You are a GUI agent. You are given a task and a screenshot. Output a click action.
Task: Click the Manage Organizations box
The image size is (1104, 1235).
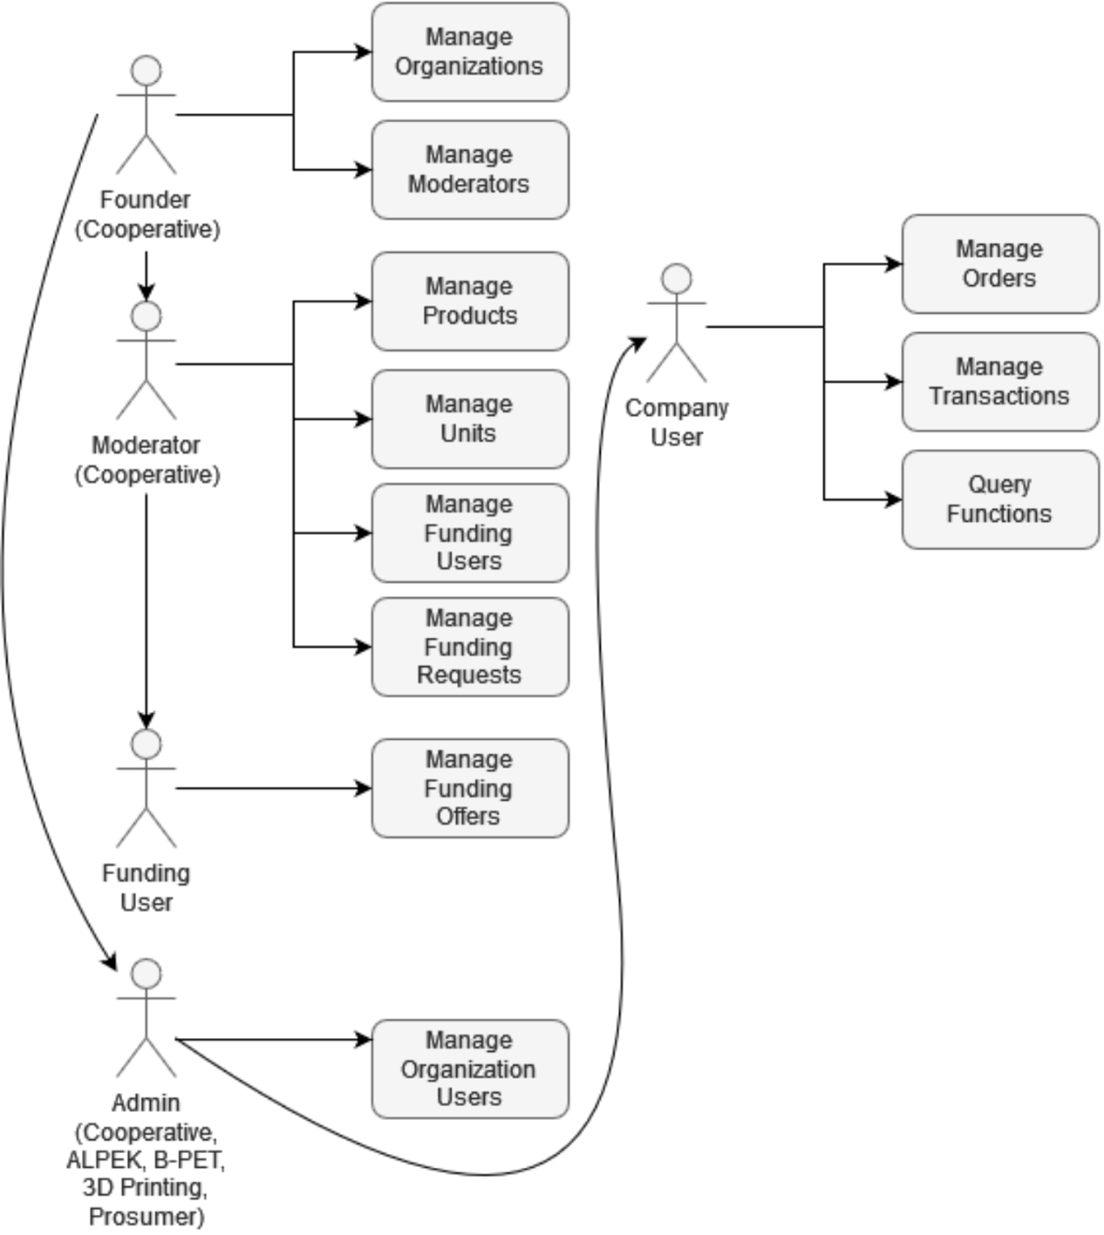pyautogui.click(x=469, y=52)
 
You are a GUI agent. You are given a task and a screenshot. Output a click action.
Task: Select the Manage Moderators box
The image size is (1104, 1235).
pyautogui.click(x=469, y=170)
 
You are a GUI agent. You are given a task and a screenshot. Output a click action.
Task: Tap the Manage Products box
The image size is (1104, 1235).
pyautogui.click(x=469, y=302)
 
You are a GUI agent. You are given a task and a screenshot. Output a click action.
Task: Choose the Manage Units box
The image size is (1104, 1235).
pyautogui.click(x=469, y=420)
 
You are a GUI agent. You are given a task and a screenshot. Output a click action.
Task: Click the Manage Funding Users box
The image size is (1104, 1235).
pyautogui.click(x=469, y=534)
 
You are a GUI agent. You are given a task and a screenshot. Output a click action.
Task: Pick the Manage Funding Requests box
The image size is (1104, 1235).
pyautogui.click(x=469, y=647)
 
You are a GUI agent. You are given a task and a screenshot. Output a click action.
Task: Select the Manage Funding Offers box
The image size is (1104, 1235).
pyautogui.click(x=469, y=789)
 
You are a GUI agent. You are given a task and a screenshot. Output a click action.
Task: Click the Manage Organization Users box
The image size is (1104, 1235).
pyautogui.click(x=469, y=1069)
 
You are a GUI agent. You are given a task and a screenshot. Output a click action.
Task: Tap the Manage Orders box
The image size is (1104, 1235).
pyautogui.click(x=1000, y=264)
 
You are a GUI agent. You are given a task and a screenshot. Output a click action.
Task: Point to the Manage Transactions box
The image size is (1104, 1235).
pyautogui.click(x=1000, y=382)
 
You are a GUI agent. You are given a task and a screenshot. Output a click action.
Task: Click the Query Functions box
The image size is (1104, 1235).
pyautogui.click(x=1000, y=500)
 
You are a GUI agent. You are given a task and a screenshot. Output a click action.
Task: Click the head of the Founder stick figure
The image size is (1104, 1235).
pyautogui.click(x=146, y=71)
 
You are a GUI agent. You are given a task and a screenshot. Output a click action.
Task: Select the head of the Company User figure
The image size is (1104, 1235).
pyautogui.click(x=677, y=279)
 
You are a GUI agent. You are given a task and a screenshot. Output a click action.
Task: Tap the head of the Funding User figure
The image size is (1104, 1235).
pyautogui.click(x=146, y=744)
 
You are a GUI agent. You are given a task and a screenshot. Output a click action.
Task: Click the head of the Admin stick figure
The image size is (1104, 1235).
pyautogui.click(x=146, y=974)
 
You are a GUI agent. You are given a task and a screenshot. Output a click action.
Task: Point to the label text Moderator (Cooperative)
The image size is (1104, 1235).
pyautogui.click(x=147, y=460)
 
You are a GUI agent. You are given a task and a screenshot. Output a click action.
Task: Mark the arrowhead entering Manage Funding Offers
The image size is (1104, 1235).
pyautogui.click(x=365, y=789)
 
